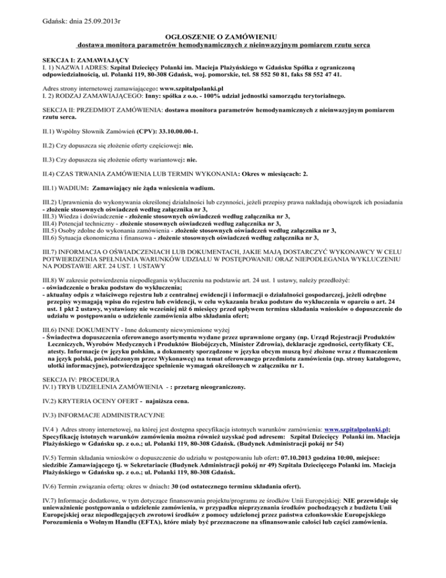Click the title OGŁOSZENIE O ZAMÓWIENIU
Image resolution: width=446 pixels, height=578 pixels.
223,36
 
